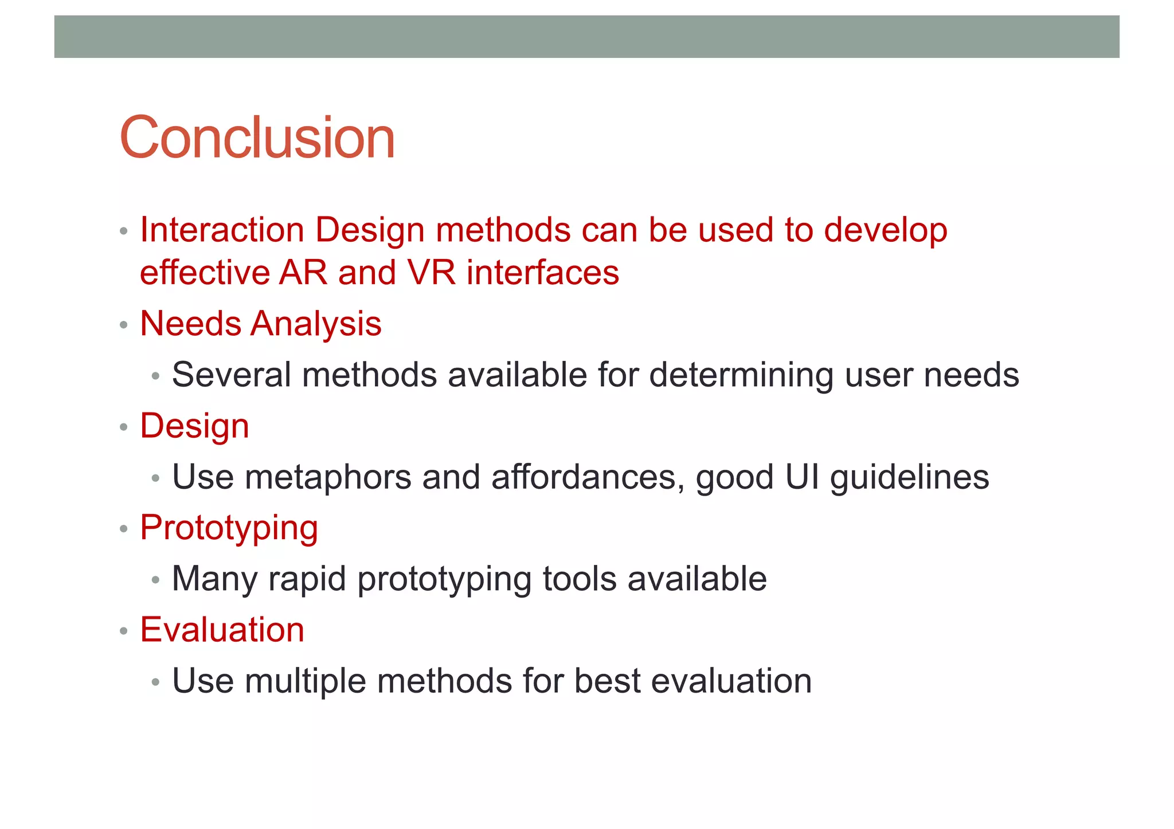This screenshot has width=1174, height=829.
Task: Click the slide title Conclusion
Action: coord(257,137)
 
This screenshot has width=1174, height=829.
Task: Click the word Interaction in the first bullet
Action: coord(222,230)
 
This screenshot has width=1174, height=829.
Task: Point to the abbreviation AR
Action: coord(303,273)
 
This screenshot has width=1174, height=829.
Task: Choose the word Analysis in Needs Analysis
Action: coord(316,324)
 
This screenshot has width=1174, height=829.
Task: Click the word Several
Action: coord(232,375)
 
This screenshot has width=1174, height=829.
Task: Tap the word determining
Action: coord(741,375)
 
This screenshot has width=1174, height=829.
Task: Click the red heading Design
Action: coord(194,427)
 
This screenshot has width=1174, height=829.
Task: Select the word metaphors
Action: coord(328,477)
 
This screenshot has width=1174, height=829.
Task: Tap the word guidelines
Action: coord(909,477)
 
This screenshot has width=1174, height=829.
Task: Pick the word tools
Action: coord(579,579)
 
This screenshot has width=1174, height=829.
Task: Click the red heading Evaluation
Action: coord(222,630)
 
